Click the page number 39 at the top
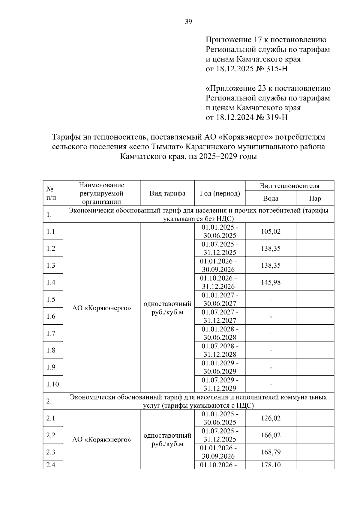tap(188, 22)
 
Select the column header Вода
tap(271, 198)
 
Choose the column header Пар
tap(315, 198)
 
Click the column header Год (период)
tap(220, 193)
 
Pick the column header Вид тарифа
tap(167, 193)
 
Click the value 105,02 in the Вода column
tap(271, 231)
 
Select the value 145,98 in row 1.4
tap(271, 282)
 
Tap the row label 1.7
tap(51, 333)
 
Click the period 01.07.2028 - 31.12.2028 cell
tap(220, 350)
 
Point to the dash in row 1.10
tap(271, 384)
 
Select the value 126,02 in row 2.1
tap(271, 418)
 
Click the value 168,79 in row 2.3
tap(271, 452)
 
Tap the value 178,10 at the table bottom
tap(271, 465)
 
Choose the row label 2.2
tap(51, 435)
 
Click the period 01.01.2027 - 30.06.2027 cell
tap(220, 299)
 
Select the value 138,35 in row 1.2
tap(271, 249)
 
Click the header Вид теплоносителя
tap(289, 186)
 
